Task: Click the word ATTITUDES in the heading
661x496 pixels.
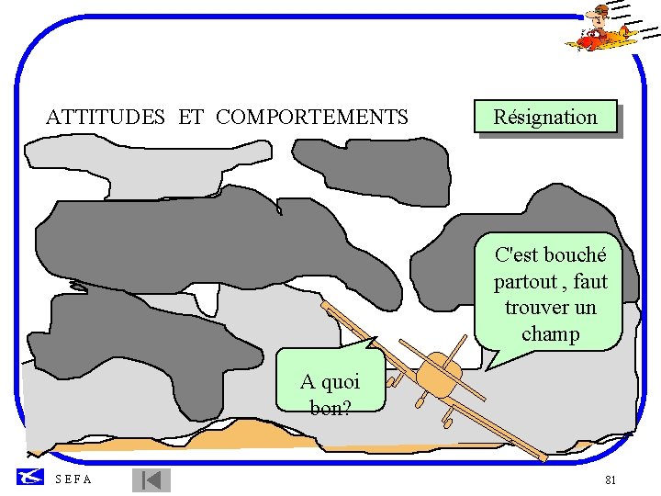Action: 106,117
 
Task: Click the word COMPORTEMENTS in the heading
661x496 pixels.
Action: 312,117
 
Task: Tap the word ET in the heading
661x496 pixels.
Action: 191,117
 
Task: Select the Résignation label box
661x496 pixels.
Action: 545,117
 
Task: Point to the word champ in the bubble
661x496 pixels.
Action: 551,333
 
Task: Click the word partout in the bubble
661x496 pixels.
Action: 525,281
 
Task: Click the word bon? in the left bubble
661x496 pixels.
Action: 330,407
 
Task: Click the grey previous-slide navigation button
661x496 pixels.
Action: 151,480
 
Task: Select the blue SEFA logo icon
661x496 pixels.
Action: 30,478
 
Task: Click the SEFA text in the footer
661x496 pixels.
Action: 73,479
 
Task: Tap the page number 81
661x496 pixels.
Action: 611,480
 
